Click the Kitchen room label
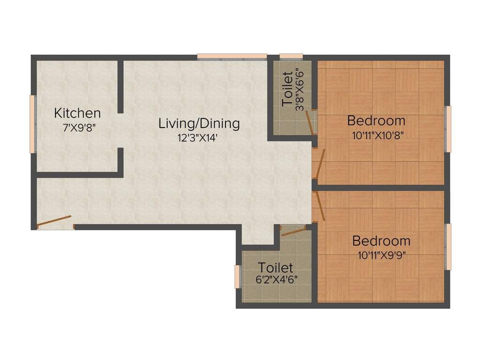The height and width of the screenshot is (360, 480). click(77, 113)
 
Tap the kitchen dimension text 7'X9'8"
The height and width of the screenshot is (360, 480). click(79, 127)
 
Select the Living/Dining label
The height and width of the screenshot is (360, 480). click(199, 124)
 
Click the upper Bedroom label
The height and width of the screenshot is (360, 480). click(376, 120)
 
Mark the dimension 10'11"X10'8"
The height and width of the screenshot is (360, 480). click(378, 135)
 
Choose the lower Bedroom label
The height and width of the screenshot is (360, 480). click(381, 241)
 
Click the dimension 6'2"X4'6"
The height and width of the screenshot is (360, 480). click(276, 280)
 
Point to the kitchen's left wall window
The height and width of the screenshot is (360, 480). click(33, 124)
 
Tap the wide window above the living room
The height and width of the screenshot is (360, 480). click(232, 57)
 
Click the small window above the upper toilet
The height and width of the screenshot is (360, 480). click(291, 57)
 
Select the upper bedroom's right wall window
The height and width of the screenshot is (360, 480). click(448, 128)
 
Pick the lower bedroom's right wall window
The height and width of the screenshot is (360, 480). click(448, 247)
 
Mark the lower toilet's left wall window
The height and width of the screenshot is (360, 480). click(237, 277)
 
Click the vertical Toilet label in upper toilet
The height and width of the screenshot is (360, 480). click(287, 89)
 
